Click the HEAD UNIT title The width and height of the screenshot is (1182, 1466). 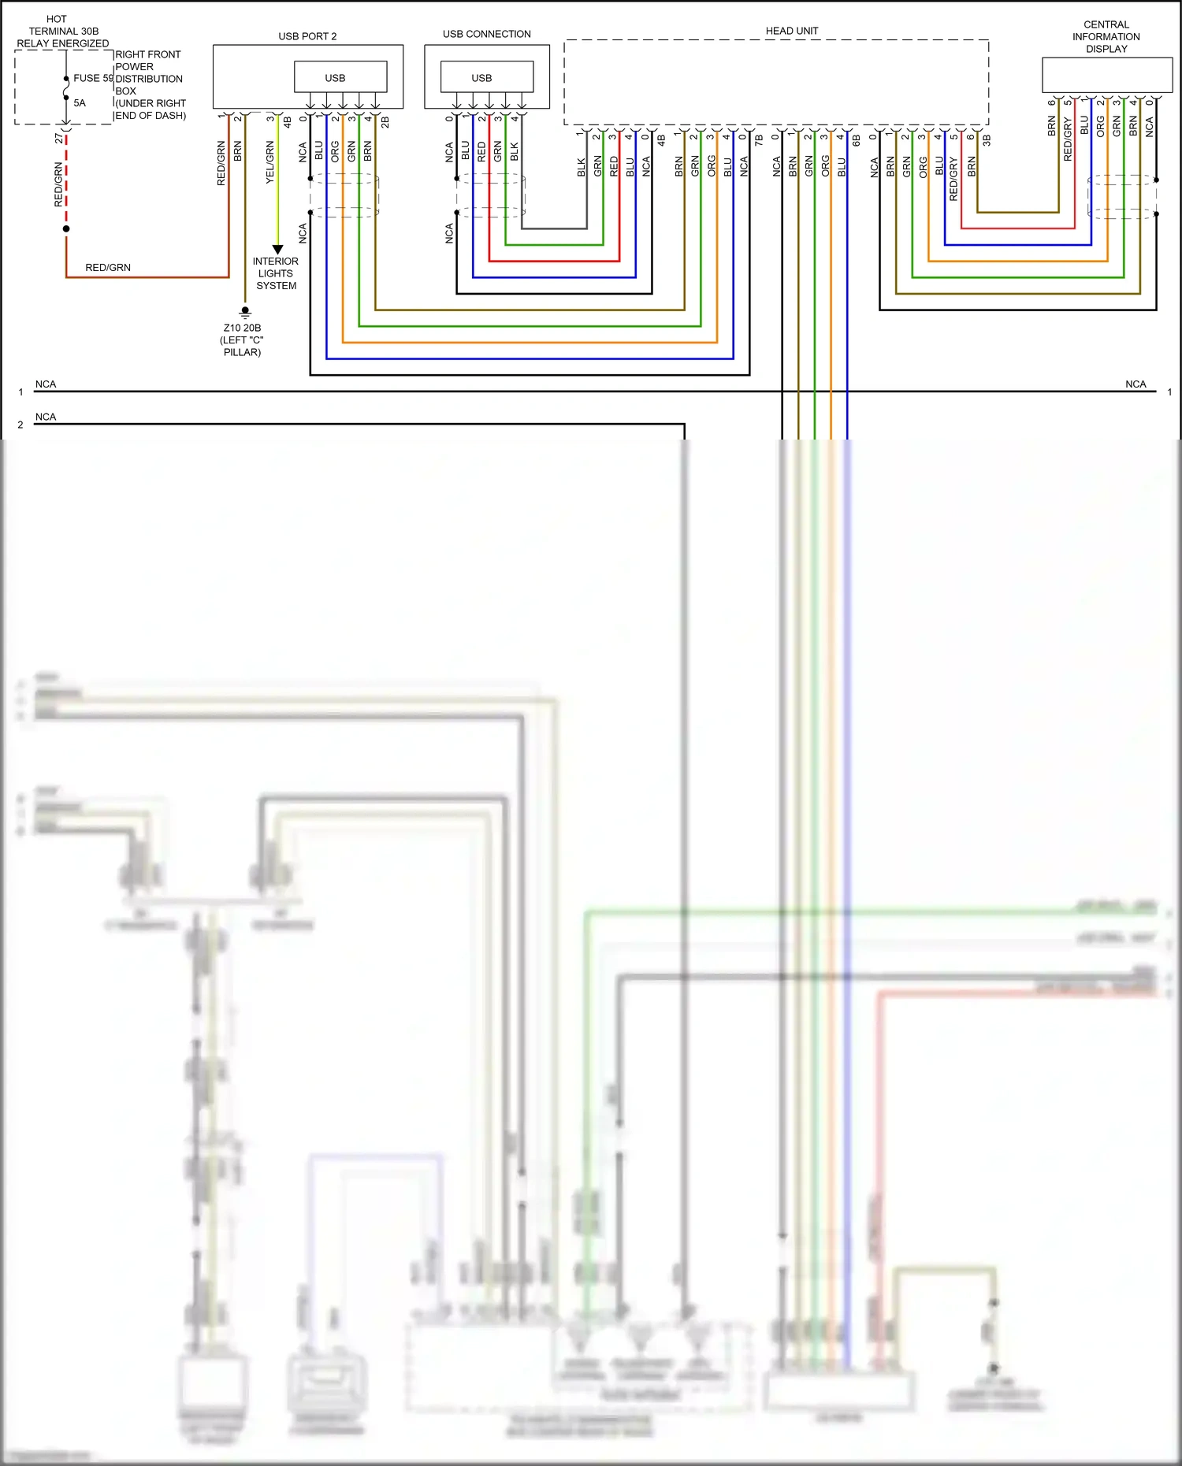point(792,31)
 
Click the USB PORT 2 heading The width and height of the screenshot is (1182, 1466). point(307,36)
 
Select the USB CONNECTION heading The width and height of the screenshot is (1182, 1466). point(486,34)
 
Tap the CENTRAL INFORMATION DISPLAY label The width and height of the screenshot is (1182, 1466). point(1106,37)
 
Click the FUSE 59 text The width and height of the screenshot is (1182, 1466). point(93,78)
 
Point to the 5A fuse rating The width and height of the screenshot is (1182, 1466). point(80,102)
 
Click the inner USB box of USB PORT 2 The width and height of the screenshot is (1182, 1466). point(340,77)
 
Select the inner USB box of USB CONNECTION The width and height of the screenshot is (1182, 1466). point(486,77)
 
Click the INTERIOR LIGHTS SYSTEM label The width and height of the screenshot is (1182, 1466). point(276,273)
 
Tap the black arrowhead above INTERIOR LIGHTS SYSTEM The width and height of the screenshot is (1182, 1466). point(277,249)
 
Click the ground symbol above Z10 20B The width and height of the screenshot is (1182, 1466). point(245,312)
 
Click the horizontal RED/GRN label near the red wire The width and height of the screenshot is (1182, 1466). point(108,268)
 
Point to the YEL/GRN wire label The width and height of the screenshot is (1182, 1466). point(270,163)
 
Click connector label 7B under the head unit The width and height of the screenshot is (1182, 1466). point(759,139)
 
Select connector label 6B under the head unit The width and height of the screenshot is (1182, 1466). point(856,139)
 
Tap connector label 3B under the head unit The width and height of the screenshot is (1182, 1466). point(986,139)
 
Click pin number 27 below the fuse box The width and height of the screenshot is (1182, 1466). point(59,138)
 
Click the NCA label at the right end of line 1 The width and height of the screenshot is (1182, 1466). point(1135,384)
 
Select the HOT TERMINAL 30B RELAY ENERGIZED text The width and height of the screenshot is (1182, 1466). point(62,32)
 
